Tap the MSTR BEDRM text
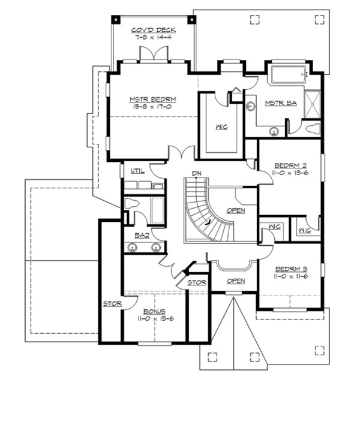152,100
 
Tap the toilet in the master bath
313,127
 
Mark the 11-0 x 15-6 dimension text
155,319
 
